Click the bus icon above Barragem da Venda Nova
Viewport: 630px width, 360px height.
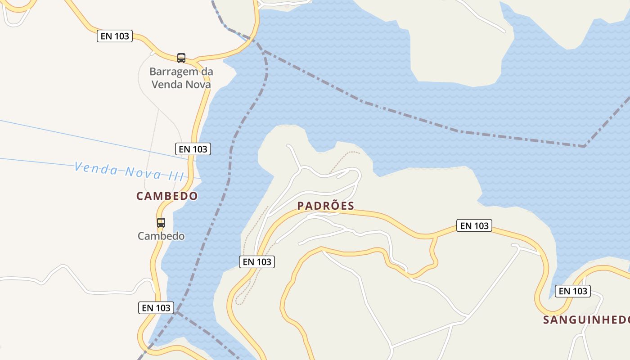[x=181, y=58]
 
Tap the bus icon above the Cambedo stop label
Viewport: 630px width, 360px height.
[x=161, y=222]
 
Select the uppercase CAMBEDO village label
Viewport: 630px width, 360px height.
[x=167, y=196]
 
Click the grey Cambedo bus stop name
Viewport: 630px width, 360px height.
[x=161, y=236]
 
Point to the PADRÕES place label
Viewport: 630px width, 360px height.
[x=326, y=206]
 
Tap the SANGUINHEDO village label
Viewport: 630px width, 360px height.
[x=586, y=320]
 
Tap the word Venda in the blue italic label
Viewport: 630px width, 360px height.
[x=96, y=168]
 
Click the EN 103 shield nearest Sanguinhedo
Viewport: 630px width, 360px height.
[x=573, y=291]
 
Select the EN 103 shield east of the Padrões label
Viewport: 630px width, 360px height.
[x=474, y=225]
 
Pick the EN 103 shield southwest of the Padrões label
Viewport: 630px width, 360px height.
[x=257, y=261]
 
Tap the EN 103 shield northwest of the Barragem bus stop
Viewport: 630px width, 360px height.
[x=115, y=36]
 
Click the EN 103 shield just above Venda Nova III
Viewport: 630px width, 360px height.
[x=193, y=148]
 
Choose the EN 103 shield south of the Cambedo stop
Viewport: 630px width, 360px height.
[x=156, y=308]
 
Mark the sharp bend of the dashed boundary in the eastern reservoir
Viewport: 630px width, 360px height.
[x=585, y=146]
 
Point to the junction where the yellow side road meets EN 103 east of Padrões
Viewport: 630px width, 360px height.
[x=436, y=235]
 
